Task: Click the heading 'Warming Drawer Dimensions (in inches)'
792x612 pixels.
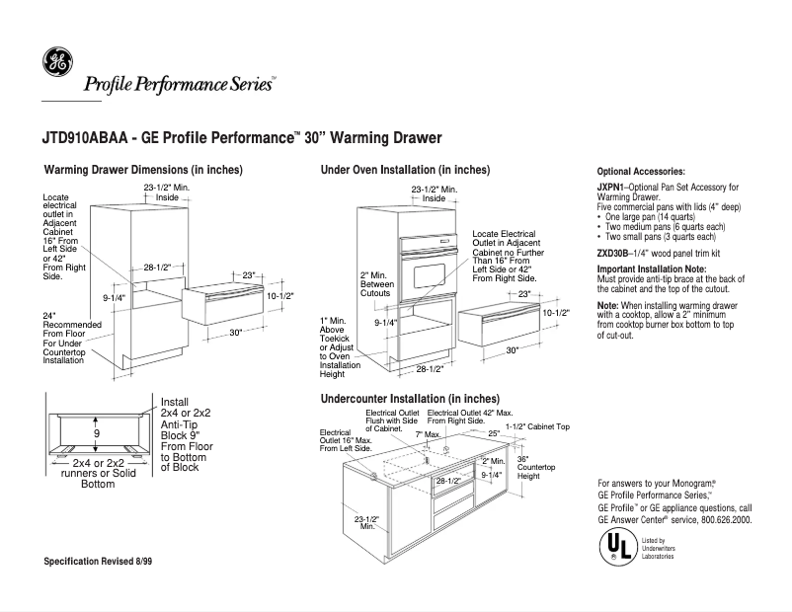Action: (143, 170)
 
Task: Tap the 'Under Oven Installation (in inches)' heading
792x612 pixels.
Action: (405, 170)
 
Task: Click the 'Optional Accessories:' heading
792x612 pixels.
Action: (641, 172)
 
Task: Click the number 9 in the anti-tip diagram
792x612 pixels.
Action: (96, 432)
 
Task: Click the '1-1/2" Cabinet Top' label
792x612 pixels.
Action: (537, 426)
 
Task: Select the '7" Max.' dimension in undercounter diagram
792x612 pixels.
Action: (426, 434)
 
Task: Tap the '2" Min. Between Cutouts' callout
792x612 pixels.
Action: (377, 283)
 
